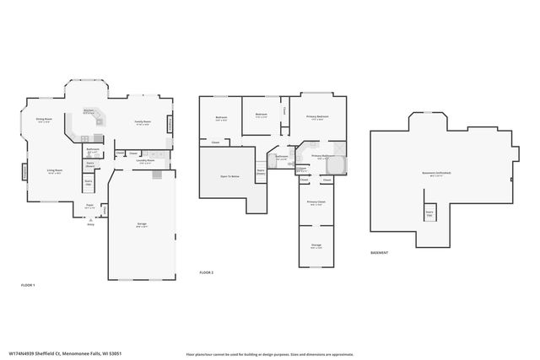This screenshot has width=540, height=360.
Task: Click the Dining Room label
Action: [44, 120]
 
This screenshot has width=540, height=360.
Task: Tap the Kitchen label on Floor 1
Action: [88, 111]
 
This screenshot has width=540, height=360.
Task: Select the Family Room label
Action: [143, 123]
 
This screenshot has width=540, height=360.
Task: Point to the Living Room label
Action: [56, 171]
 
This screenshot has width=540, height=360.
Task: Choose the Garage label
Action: [142, 225]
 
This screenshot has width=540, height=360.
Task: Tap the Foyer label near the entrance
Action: [89, 204]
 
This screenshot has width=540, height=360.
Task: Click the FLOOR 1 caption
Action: [27, 286]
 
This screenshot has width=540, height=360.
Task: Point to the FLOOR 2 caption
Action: [206, 273]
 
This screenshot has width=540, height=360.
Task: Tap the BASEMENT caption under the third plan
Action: [380, 253]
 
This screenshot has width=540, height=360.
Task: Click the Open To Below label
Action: [229, 177]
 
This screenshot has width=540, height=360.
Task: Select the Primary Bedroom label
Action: [318, 117]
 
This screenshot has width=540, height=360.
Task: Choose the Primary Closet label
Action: [316, 205]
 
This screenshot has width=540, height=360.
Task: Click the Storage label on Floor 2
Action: [316, 245]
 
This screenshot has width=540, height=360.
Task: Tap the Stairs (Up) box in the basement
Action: [429, 214]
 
